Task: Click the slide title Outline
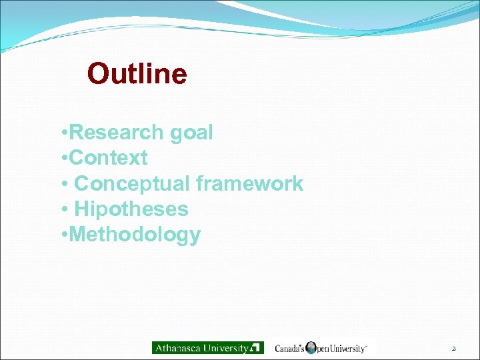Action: [137, 73]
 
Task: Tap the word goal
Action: [191, 133]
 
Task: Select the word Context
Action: [108, 158]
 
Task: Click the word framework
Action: [249, 183]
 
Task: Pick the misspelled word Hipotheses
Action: [131, 209]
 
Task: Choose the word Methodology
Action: [134, 235]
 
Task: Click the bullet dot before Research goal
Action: [62, 133]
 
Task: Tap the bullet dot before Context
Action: [62, 159]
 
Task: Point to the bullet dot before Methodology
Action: [62, 235]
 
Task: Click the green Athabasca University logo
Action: [207, 347]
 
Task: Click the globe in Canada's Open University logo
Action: [311, 347]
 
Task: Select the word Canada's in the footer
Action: [290, 348]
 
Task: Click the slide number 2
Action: [453, 348]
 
